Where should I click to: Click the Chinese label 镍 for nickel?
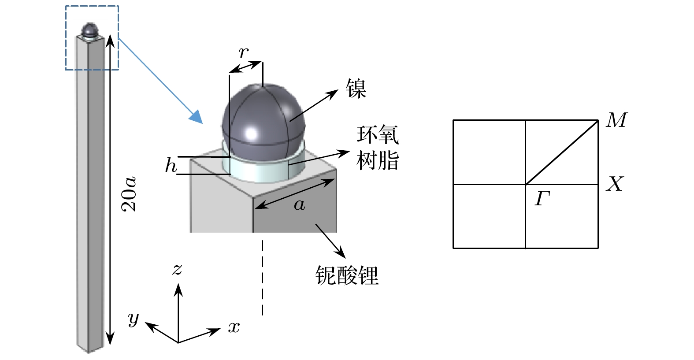(x=356, y=88)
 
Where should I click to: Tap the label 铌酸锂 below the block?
(x=347, y=275)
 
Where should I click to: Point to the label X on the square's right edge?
(x=615, y=184)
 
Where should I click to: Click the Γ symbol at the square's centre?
(x=542, y=198)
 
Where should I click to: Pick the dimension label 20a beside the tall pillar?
(x=129, y=194)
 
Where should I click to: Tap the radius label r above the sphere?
(x=244, y=53)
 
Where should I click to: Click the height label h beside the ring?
(x=171, y=165)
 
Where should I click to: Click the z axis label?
(x=177, y=270)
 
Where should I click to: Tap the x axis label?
(x=234, y=327)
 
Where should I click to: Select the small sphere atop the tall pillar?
(x=90, y=29)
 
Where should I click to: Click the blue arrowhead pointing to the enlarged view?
(x=196, y=117)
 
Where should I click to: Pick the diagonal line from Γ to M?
(x=562, y=152)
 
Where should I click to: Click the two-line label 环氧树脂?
(x=378, y=148)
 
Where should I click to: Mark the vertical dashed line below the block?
(x=263, y=278)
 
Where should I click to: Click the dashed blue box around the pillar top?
(x=92, y=38)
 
